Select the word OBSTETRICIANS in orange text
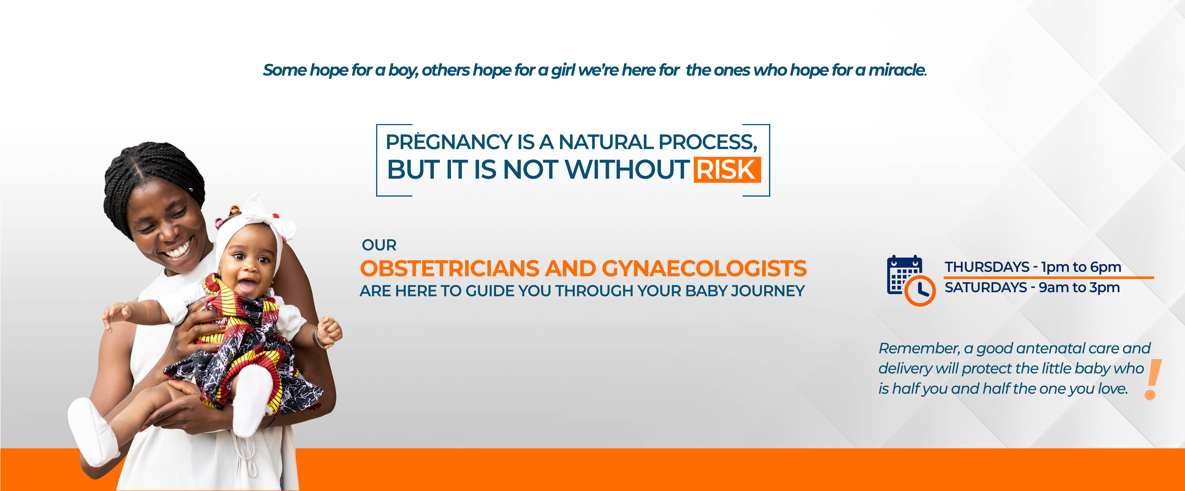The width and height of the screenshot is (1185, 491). (x=449, y=268)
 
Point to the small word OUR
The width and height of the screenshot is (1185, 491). (x=379, y=245)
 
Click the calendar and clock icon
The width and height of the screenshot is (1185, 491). (x=911, y=280)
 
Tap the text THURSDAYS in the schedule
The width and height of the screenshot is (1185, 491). (x=987, y=267)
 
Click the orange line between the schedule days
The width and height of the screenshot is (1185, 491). (x=1049, y=278)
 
